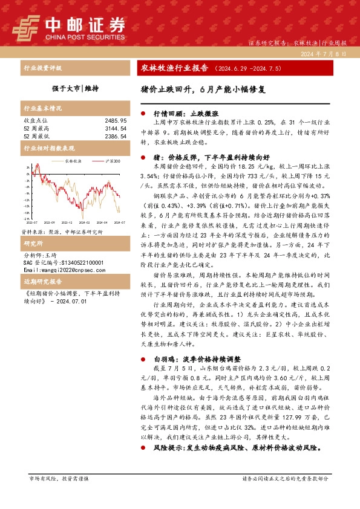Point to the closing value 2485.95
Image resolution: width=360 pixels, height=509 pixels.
115,121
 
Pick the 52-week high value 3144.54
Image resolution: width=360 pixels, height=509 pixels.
115,129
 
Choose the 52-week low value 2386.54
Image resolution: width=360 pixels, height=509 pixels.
115,137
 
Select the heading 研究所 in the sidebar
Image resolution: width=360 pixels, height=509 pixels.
32,243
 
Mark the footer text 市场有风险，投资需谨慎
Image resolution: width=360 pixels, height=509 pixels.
59,478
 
